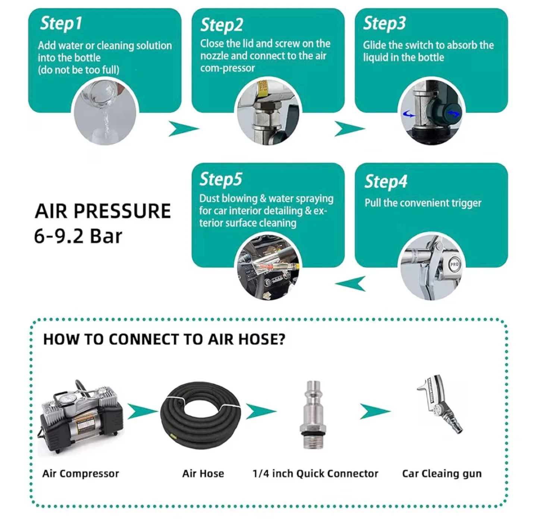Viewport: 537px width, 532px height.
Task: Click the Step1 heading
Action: coord(61,23)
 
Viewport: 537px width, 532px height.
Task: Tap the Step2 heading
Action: coord(222,25)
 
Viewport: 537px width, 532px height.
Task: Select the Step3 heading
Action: coord(384,23)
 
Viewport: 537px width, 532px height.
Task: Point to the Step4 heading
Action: coord(386,181)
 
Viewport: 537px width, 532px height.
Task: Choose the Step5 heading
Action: coord(221,179)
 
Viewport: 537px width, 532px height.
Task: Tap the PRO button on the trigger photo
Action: coord(454,264)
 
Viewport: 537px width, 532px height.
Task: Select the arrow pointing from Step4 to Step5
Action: coord(351,284)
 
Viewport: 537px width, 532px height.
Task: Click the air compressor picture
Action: coord(81,417)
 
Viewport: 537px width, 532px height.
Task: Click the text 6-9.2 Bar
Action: coord(78,236)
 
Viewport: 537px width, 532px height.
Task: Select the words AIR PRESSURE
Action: coord(103,211)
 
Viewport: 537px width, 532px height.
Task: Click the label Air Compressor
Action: coord(81,474)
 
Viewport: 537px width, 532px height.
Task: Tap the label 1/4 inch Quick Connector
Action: coord(315,474)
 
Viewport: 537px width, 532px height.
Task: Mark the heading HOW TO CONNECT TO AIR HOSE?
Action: coord(164,339)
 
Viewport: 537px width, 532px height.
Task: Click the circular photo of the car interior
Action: coord(268,267)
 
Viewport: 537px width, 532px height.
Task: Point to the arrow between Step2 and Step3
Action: coord(349,129)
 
